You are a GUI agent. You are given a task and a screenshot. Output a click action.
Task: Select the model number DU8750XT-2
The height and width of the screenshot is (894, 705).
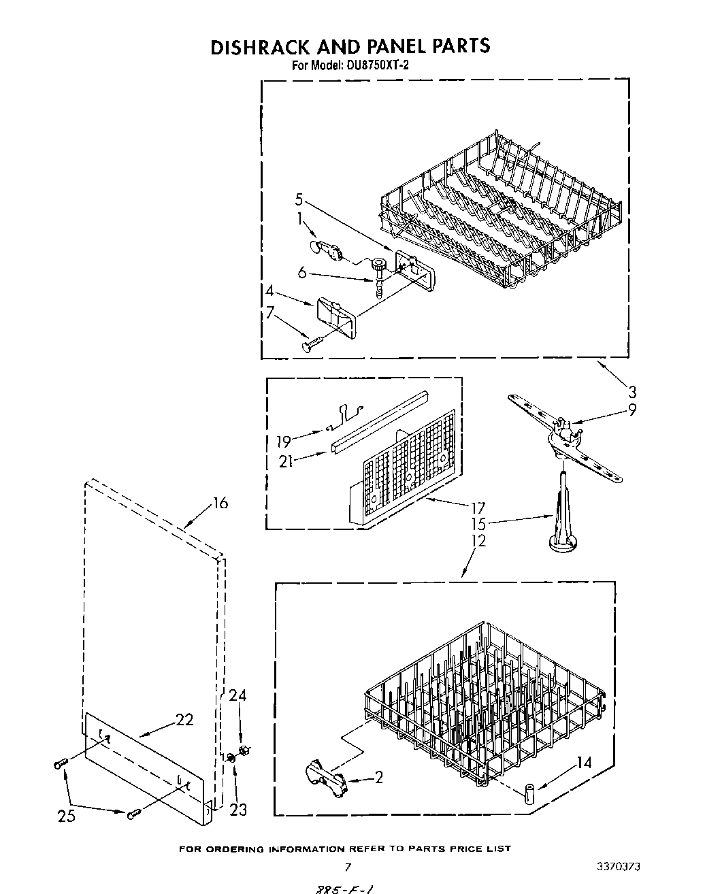[x=370, y=66]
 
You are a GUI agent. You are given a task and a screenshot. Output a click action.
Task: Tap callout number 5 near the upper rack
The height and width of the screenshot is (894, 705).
[x=299, y=200]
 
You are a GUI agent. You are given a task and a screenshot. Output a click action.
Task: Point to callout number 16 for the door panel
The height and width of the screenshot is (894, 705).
[x=220, y=503]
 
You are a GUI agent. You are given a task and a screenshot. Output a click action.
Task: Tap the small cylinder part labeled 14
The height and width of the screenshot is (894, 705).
[x=529, y=793]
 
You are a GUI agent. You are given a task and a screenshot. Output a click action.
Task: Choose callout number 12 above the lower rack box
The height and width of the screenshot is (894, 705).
[x=479, y=541]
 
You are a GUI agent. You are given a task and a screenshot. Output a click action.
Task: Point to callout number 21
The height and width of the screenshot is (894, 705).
[x=286, y=461]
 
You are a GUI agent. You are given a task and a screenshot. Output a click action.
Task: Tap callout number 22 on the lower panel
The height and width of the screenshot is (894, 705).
[x=184, y=719]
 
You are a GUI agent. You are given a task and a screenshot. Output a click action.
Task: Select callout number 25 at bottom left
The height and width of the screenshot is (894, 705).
[x=66, y=816]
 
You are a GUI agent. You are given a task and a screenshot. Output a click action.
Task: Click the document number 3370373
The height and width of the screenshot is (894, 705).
[x=618, y=867]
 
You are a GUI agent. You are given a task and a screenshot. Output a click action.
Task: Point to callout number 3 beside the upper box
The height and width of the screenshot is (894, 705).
[x=632, y=391]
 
